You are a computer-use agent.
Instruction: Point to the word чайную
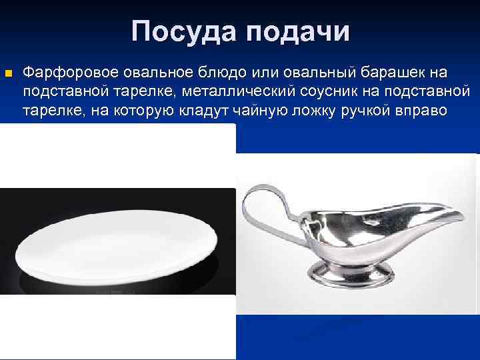click(263, 109)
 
